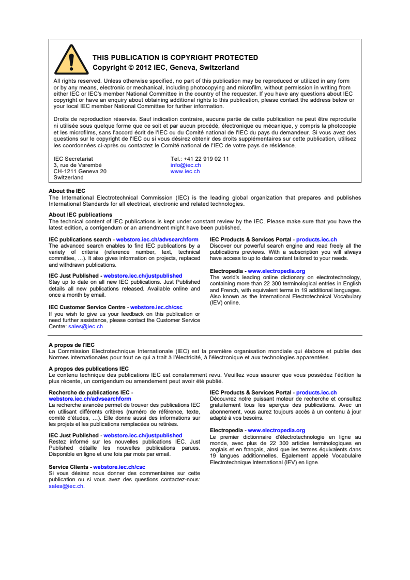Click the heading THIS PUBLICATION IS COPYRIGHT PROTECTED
tap(175, 57)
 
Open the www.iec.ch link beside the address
tap(185, 171)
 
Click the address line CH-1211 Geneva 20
tap(80, 171)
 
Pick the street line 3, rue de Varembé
tap(78, 165)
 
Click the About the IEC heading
tap(67, 191)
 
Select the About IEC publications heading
tap(80, 215)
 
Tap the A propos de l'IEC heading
tap(71, 345)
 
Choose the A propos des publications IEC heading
tap(88, 369)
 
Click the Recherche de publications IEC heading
tap(90, 393)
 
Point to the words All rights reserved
tap(77, 81)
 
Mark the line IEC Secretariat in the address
tap(73, 159)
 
